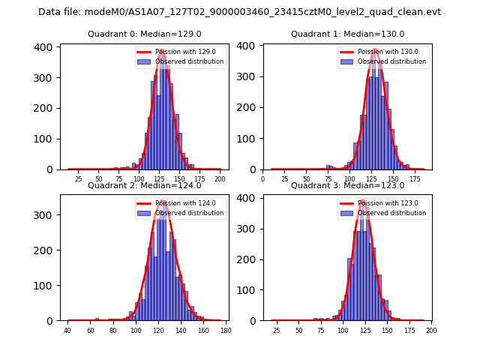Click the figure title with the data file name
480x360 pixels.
(239, 12)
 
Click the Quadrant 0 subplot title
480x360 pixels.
(144, 34)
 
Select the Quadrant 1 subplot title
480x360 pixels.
(347, 34)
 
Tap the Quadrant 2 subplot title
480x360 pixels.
(144, 185)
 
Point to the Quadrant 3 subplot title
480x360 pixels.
(347, 185)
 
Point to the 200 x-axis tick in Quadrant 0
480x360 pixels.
(220, 179)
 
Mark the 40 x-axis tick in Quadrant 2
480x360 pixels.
(67, 330)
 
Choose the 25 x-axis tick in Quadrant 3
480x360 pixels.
(277, 330)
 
